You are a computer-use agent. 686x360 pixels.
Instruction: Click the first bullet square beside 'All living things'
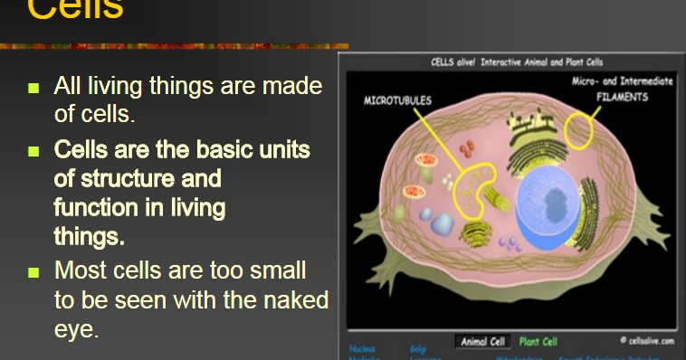click(x=34, y=89)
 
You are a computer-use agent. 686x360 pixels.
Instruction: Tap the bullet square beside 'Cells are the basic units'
click(x=34, y=149)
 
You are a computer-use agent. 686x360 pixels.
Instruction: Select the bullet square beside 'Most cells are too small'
click(x=34, y=271)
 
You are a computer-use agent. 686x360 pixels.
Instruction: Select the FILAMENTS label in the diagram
click(x=621, y=97)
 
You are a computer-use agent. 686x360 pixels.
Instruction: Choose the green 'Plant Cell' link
click(x=538, y=342)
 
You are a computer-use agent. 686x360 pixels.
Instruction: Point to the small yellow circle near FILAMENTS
click(x=579, y=130)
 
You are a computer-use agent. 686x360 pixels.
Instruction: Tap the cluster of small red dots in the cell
click(x=466, y=147)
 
